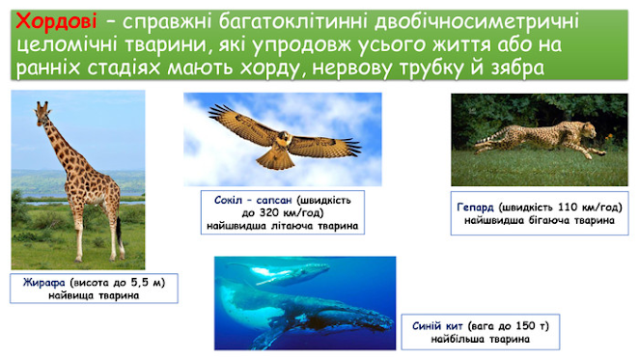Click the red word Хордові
pyautogui.click(x=56, y=21)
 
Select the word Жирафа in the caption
pyautogui.click(x=44, y=283)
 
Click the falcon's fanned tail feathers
pyautogui.click(x=275, y=160)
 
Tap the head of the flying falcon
pyautogui.click(x=285, y=138)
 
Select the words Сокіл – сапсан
pyautogui.click(x=253, y=200)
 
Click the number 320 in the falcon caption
pyautogui.click(x=269, y=213)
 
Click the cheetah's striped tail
pyautogui.click(x=489, y=139)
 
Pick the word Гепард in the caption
pyautogui.click(x=475, y=208)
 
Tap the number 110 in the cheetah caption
pyautogui.click(x=569, y=208)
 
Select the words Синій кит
pyautogui.click(x=437, y=326)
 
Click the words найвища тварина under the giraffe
pyautogui.click(x=94, y=295)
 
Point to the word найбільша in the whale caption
pyautogui.click(x=457, y=339)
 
